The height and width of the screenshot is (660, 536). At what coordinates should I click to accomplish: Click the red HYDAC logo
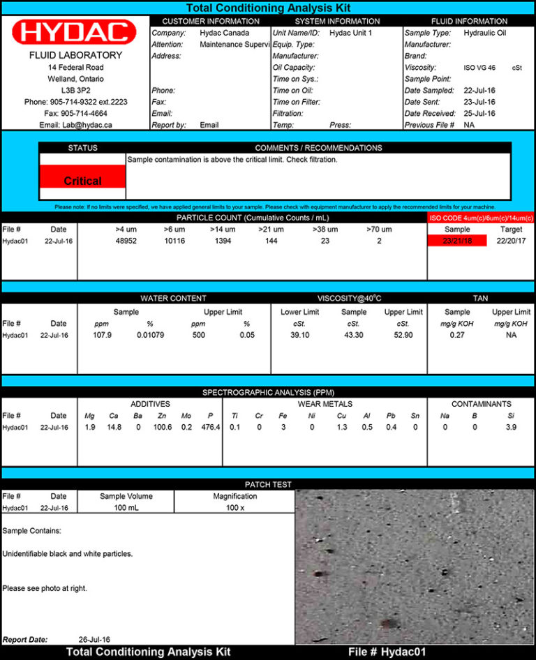pyautogui.click(x=75, y=32)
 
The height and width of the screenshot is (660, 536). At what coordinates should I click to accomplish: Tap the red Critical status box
pyautogui.click(x=82, y=181)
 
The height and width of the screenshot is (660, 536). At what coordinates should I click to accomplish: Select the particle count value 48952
pyautogui.click(x=126, y=241)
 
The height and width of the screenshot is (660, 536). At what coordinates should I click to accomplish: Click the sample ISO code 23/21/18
pyautogui.click(x=457, y=241)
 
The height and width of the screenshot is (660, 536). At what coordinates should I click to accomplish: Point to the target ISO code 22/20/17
pyautogui.click(x=511, y=241)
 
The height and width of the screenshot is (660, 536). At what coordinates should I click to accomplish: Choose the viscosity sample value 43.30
pyautogui.click(x=354, y=335)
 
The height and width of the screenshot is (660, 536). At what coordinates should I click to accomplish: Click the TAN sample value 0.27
pyautogui.click(x=457, y=335)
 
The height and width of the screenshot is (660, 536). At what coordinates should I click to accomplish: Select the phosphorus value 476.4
pyautogui.click(x=210, y=427)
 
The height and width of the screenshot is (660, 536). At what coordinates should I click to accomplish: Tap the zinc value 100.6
pyautogui.click(x=163, y=427)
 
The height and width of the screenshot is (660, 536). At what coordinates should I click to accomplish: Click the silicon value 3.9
pyautogui.click(x=511, y=427)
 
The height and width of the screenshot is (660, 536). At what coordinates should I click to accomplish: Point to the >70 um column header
pyautogui.click(x=379, y=230)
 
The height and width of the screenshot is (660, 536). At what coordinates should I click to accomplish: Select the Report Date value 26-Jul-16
pyautogui.click(x=94, y=639)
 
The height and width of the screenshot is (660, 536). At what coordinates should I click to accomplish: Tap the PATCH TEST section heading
pyautogui.click(x=268, y=484)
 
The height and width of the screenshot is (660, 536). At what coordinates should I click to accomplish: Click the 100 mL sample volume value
pyautogui.click(x=126, y=508)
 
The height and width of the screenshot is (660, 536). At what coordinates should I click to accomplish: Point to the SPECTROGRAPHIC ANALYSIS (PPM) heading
pyautogui.click(x=268, y=392)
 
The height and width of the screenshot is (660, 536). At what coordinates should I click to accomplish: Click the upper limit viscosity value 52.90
pyautogui.click(x=403, y=335)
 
